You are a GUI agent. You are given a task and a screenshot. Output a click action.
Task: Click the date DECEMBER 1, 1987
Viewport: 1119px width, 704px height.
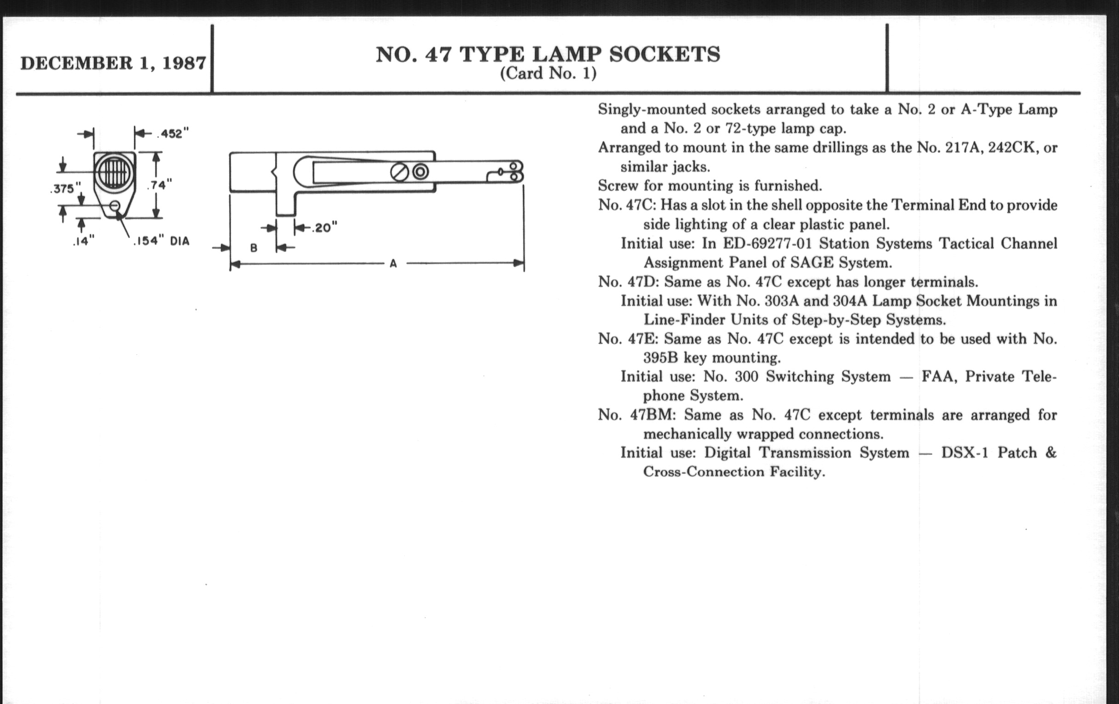(x=113, y=63)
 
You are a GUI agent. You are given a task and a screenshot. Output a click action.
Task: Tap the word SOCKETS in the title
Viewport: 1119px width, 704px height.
(x=664, y=54)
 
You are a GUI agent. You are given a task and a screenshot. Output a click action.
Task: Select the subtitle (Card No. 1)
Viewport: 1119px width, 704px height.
(x=548, y=74)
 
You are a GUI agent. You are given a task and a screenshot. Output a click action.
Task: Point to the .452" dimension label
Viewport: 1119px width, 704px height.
(x=173, y=134)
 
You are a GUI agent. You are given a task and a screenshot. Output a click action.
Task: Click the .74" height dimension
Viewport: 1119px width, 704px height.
(x=159, y=185)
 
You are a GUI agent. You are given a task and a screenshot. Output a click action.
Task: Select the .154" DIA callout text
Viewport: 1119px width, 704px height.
(x=161, y=241)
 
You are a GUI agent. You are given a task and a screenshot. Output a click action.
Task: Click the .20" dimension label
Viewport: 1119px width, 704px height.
(x=323, y=228)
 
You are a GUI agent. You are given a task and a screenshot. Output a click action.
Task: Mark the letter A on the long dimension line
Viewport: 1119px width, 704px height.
(x=393, y=264)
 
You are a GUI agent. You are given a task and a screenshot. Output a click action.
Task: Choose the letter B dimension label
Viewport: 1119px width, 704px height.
(x=254, y=248)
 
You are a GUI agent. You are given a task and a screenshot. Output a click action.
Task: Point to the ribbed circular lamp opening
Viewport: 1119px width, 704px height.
(x=114, y=173)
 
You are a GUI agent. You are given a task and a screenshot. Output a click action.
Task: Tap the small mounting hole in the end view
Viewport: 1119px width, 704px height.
(x=115, y=206)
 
